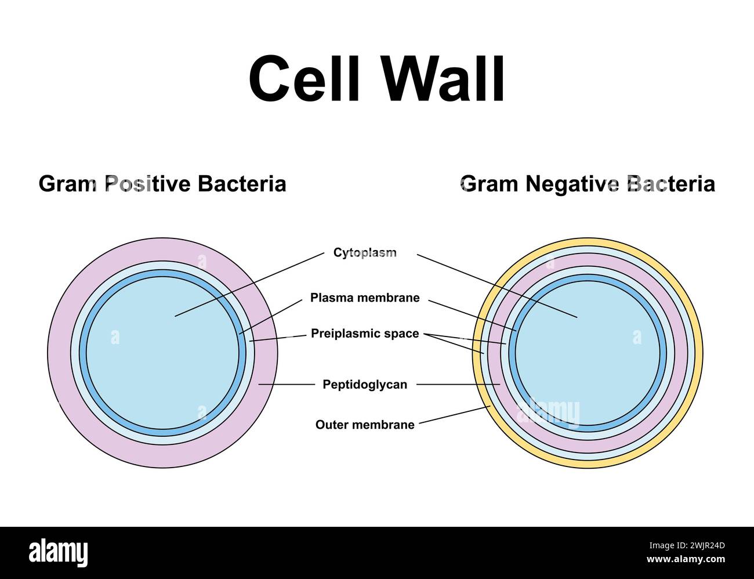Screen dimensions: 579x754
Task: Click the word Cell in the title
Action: (305, 79)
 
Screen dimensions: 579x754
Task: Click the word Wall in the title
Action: (443, 79)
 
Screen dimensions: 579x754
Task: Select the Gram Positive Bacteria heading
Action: (162, 184)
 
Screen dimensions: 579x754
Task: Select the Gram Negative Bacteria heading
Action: (588, 184)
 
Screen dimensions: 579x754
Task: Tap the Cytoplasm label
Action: (365, 252)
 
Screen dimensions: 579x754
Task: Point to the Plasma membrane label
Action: (365, 298)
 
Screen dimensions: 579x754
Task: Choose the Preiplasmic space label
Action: (365, 334)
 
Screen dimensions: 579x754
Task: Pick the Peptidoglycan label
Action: (365, 384)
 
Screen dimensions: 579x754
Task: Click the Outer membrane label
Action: (365, 425)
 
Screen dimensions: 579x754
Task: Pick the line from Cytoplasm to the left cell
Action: (249, 284)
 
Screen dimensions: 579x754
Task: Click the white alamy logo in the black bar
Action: (59, 553)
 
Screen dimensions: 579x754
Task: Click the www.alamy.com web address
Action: (686, 560)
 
